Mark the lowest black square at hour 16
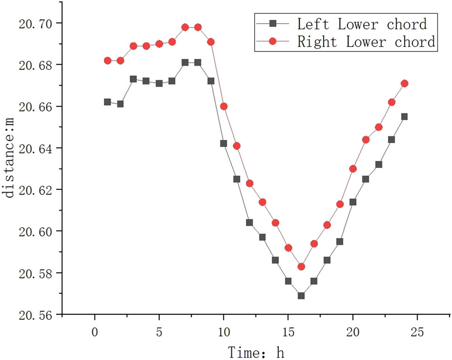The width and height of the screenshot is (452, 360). click(301, 296)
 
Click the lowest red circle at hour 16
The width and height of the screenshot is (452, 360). click(301, 267)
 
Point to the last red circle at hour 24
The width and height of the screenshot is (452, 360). click(405, 83)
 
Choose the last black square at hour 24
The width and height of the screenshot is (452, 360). click(405, 116)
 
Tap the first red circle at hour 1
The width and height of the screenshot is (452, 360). click(108, 61)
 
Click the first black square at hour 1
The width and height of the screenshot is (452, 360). click(108, 102)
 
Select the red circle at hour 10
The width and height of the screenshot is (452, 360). click(223, 106)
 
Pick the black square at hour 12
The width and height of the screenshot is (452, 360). click(250, 223)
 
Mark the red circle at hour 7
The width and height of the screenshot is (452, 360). click(185, 27)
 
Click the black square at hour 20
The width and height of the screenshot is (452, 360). click(353, 202)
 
